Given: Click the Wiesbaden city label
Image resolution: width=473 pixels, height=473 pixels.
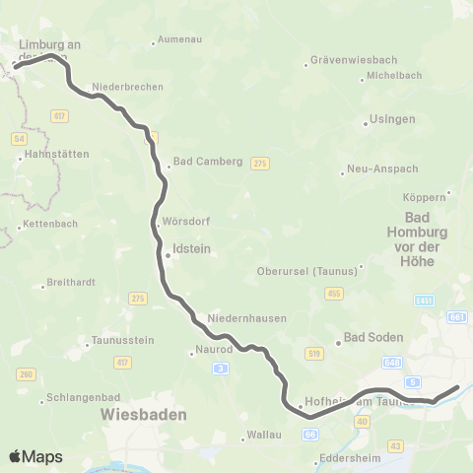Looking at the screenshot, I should coord(143,416).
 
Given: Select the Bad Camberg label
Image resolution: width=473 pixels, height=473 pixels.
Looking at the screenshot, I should coord(207,162).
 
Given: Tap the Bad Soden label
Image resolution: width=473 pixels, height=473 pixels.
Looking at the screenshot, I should coord(372,337).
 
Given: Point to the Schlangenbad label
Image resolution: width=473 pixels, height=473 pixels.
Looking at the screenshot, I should coord(87,399).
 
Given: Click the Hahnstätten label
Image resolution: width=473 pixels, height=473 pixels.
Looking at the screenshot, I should coord(56,155).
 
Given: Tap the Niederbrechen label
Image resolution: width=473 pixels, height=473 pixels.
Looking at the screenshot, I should coord(127,87).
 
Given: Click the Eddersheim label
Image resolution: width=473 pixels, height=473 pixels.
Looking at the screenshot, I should coord(351,458).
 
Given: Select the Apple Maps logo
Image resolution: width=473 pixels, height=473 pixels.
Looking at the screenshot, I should coord(35,456).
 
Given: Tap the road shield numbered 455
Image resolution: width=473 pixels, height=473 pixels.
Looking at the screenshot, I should coord(334,294).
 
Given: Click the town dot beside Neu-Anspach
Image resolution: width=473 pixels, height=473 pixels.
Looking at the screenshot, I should coord(343,171).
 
